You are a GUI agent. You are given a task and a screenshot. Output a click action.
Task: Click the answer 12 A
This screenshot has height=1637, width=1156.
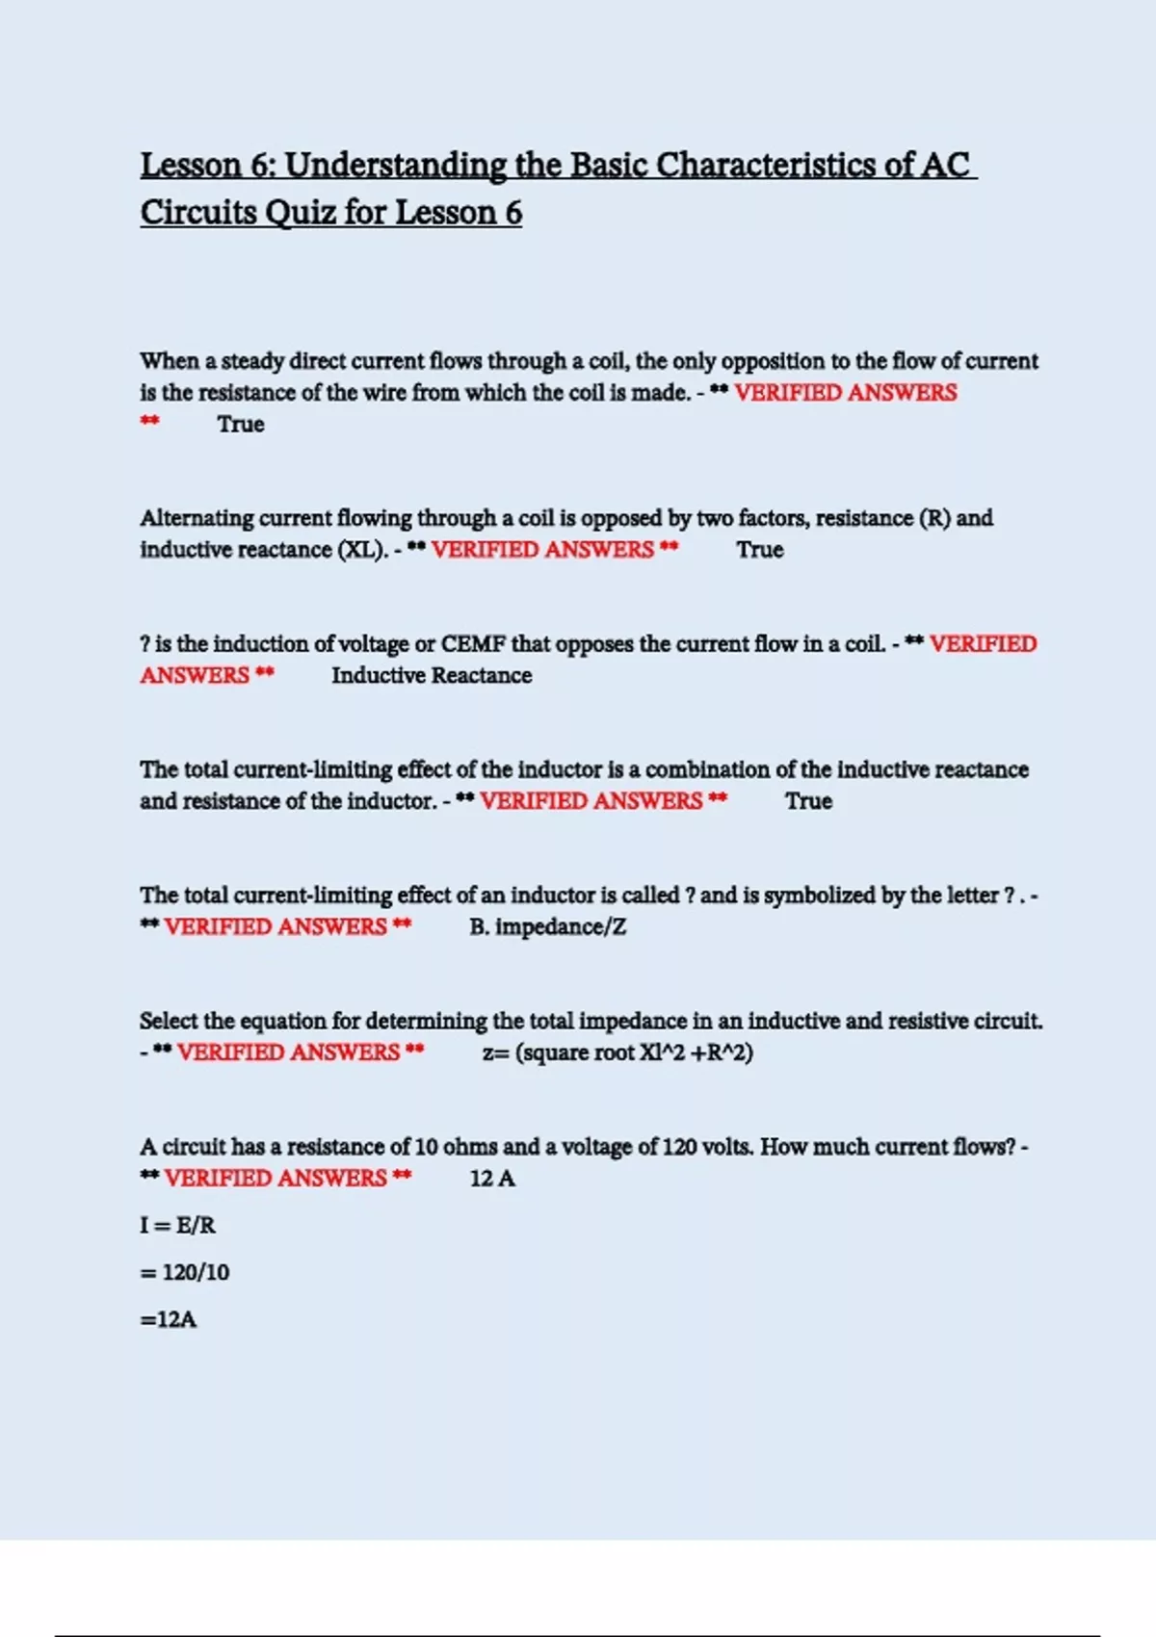[492, 1178]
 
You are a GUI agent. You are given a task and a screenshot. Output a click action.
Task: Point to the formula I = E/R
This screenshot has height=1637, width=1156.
[178, 1225]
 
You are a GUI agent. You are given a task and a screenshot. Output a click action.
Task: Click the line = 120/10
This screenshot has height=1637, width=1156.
[185, 1272]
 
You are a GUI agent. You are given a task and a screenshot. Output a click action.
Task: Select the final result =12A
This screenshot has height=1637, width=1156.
[169, 1319]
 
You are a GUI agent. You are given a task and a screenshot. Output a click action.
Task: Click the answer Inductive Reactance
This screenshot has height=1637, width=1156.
[432, 675]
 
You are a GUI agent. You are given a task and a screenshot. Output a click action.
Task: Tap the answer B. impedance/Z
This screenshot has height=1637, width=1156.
[547, 926]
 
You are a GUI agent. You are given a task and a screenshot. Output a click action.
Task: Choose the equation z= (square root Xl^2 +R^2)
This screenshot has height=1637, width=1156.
[617, 1052]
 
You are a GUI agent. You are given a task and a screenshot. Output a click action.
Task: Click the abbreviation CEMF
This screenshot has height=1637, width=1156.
[473, 643]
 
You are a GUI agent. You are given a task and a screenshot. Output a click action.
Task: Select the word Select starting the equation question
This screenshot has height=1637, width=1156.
[168, 1021]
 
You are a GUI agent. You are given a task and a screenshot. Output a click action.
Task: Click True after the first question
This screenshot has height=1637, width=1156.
[241, 424]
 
